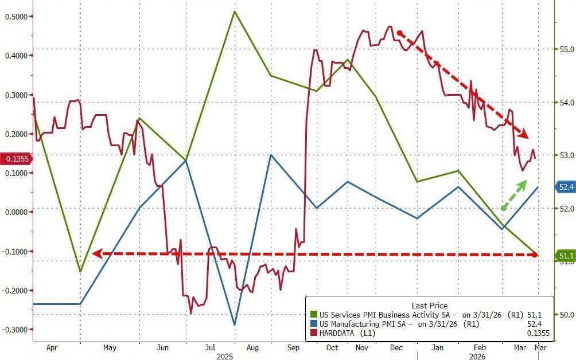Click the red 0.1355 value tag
tap(16, 159)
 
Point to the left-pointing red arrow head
tap(97, 253)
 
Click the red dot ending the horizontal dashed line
tap(535, 254)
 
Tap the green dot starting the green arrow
tap(503, 208)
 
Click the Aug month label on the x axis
tap(252, 347)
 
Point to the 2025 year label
tap(225, 355)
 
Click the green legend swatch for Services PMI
tap(313, 315)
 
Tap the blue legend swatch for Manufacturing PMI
tap(313, 324)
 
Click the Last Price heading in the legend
tap(429, 306)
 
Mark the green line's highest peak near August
tap(235, 11)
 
